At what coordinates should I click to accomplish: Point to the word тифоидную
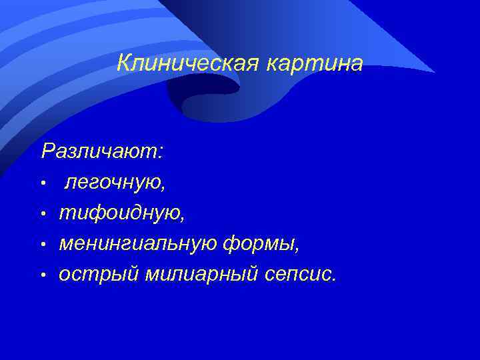121,213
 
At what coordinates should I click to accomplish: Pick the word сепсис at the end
299,275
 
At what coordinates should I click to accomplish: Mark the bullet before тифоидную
43,214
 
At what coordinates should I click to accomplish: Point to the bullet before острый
43,276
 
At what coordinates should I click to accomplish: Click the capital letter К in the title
123,64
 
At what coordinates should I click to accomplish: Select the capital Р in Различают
47,151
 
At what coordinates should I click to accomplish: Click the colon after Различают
159,153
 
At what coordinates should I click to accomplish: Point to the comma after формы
298,250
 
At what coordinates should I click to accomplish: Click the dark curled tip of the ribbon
200,100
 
